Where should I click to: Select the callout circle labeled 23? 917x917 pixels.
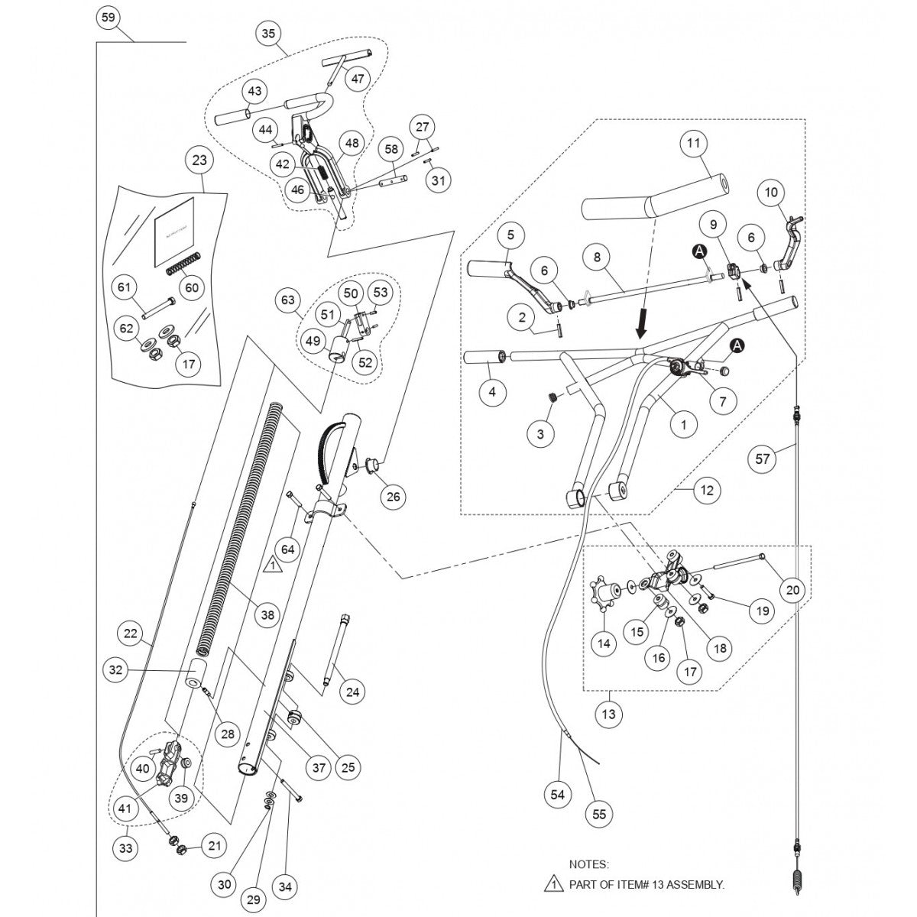pyautogui.click(x=200, y=161)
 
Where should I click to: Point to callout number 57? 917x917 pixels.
pyautogui.click(x=762, y=458)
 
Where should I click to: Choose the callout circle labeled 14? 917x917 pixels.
pyautogui.click(x=604, y=643)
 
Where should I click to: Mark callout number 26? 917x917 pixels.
pyautogui.click(x=393, y=497)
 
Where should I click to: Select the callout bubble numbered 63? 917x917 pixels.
pyautogui.click(x=288, y=301)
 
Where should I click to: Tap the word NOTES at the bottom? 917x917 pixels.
pyautogui.click(x=588, y=864)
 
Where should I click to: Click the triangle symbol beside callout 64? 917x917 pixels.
pyautogui.click(x=273, y=566)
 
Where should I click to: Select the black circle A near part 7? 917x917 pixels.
pyautogui.click(x=737, y=346)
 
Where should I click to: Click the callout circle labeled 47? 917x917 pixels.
pyautogui.click(x=358, y=78)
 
